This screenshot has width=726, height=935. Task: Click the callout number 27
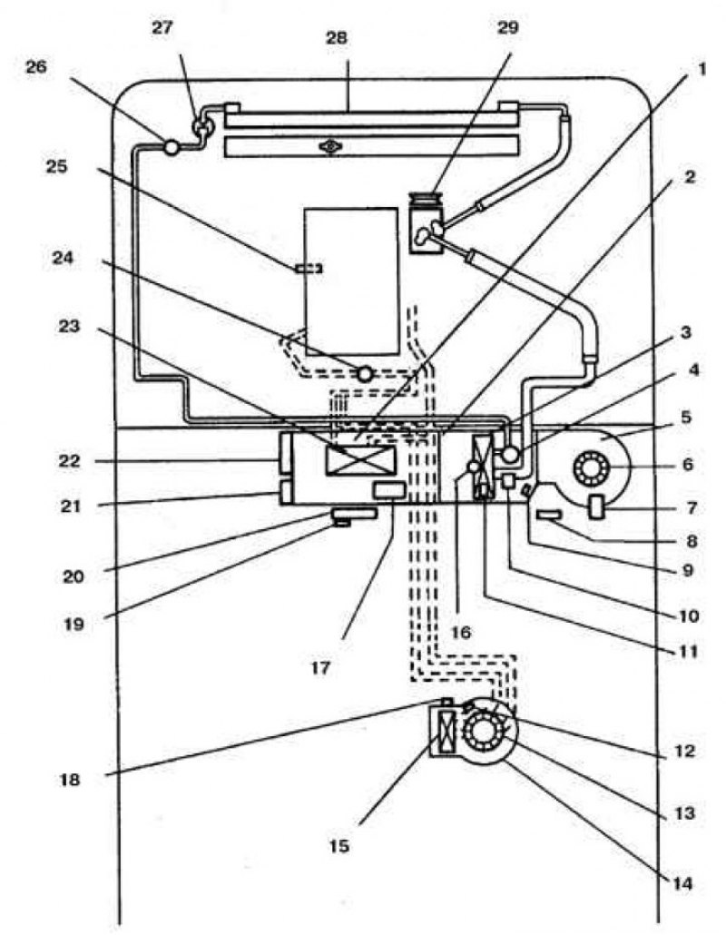point(162,28)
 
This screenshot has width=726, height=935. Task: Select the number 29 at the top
point(508,27)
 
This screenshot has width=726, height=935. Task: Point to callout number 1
point(701,69)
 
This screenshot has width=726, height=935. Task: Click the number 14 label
point(683,883)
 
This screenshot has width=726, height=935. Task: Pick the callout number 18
point(70,779)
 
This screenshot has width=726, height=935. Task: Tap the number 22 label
point(69,461)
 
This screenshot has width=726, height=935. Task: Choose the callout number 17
point(320,667)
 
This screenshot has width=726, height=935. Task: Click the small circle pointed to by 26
point(172,147)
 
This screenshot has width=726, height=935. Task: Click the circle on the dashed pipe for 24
point(364,374)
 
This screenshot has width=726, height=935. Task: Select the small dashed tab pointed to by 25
point(309,269)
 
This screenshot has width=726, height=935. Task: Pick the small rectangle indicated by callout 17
point(388,491)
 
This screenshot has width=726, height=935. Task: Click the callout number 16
point(462,632)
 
